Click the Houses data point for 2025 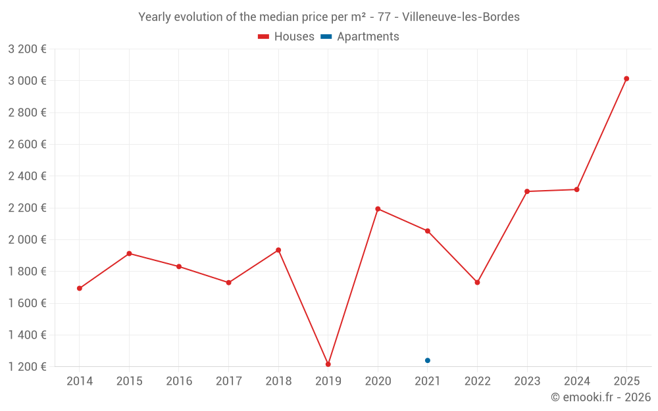626,79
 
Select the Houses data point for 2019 328,364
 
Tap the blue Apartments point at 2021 428,360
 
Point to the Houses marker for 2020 378,209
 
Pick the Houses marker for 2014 80,289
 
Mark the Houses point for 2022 477,283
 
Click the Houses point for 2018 278,250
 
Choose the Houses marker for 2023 527,191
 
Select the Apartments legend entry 361,37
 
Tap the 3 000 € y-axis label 27,81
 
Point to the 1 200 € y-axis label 27,367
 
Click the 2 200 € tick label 27,208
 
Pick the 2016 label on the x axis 179,381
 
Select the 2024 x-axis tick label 576,381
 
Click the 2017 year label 228,381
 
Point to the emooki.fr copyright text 601,397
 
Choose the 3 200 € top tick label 27,49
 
